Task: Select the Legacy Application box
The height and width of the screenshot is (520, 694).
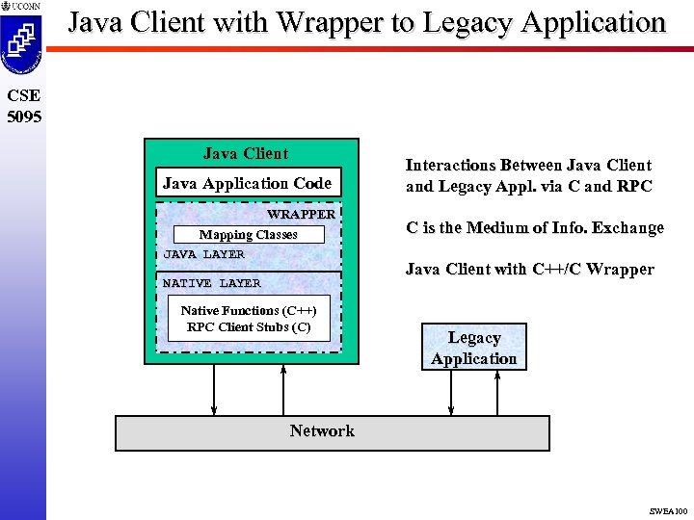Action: (473, 348)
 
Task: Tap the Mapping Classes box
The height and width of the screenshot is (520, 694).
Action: (248, 235)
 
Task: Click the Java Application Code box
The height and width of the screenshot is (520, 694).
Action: (247, 183)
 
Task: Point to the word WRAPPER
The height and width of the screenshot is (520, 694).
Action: (301, 214)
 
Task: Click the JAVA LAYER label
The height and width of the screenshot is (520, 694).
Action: (203, 254)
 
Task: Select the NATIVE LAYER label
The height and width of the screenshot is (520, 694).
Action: (211, 283)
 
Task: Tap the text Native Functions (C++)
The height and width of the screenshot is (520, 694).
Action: (248, 311)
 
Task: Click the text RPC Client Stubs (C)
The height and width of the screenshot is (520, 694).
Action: (249, 327)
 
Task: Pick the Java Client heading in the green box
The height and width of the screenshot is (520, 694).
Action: (246, 153)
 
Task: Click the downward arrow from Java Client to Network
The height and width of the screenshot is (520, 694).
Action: (214, 389)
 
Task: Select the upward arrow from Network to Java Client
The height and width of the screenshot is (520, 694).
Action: (283, 389)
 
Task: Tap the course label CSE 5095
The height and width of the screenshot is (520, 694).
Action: (22, 106)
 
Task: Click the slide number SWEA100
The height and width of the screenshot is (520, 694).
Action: (668, 511)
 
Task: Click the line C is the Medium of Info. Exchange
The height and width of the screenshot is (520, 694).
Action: (534, 228)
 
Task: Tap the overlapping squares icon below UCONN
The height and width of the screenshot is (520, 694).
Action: (22, 39)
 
